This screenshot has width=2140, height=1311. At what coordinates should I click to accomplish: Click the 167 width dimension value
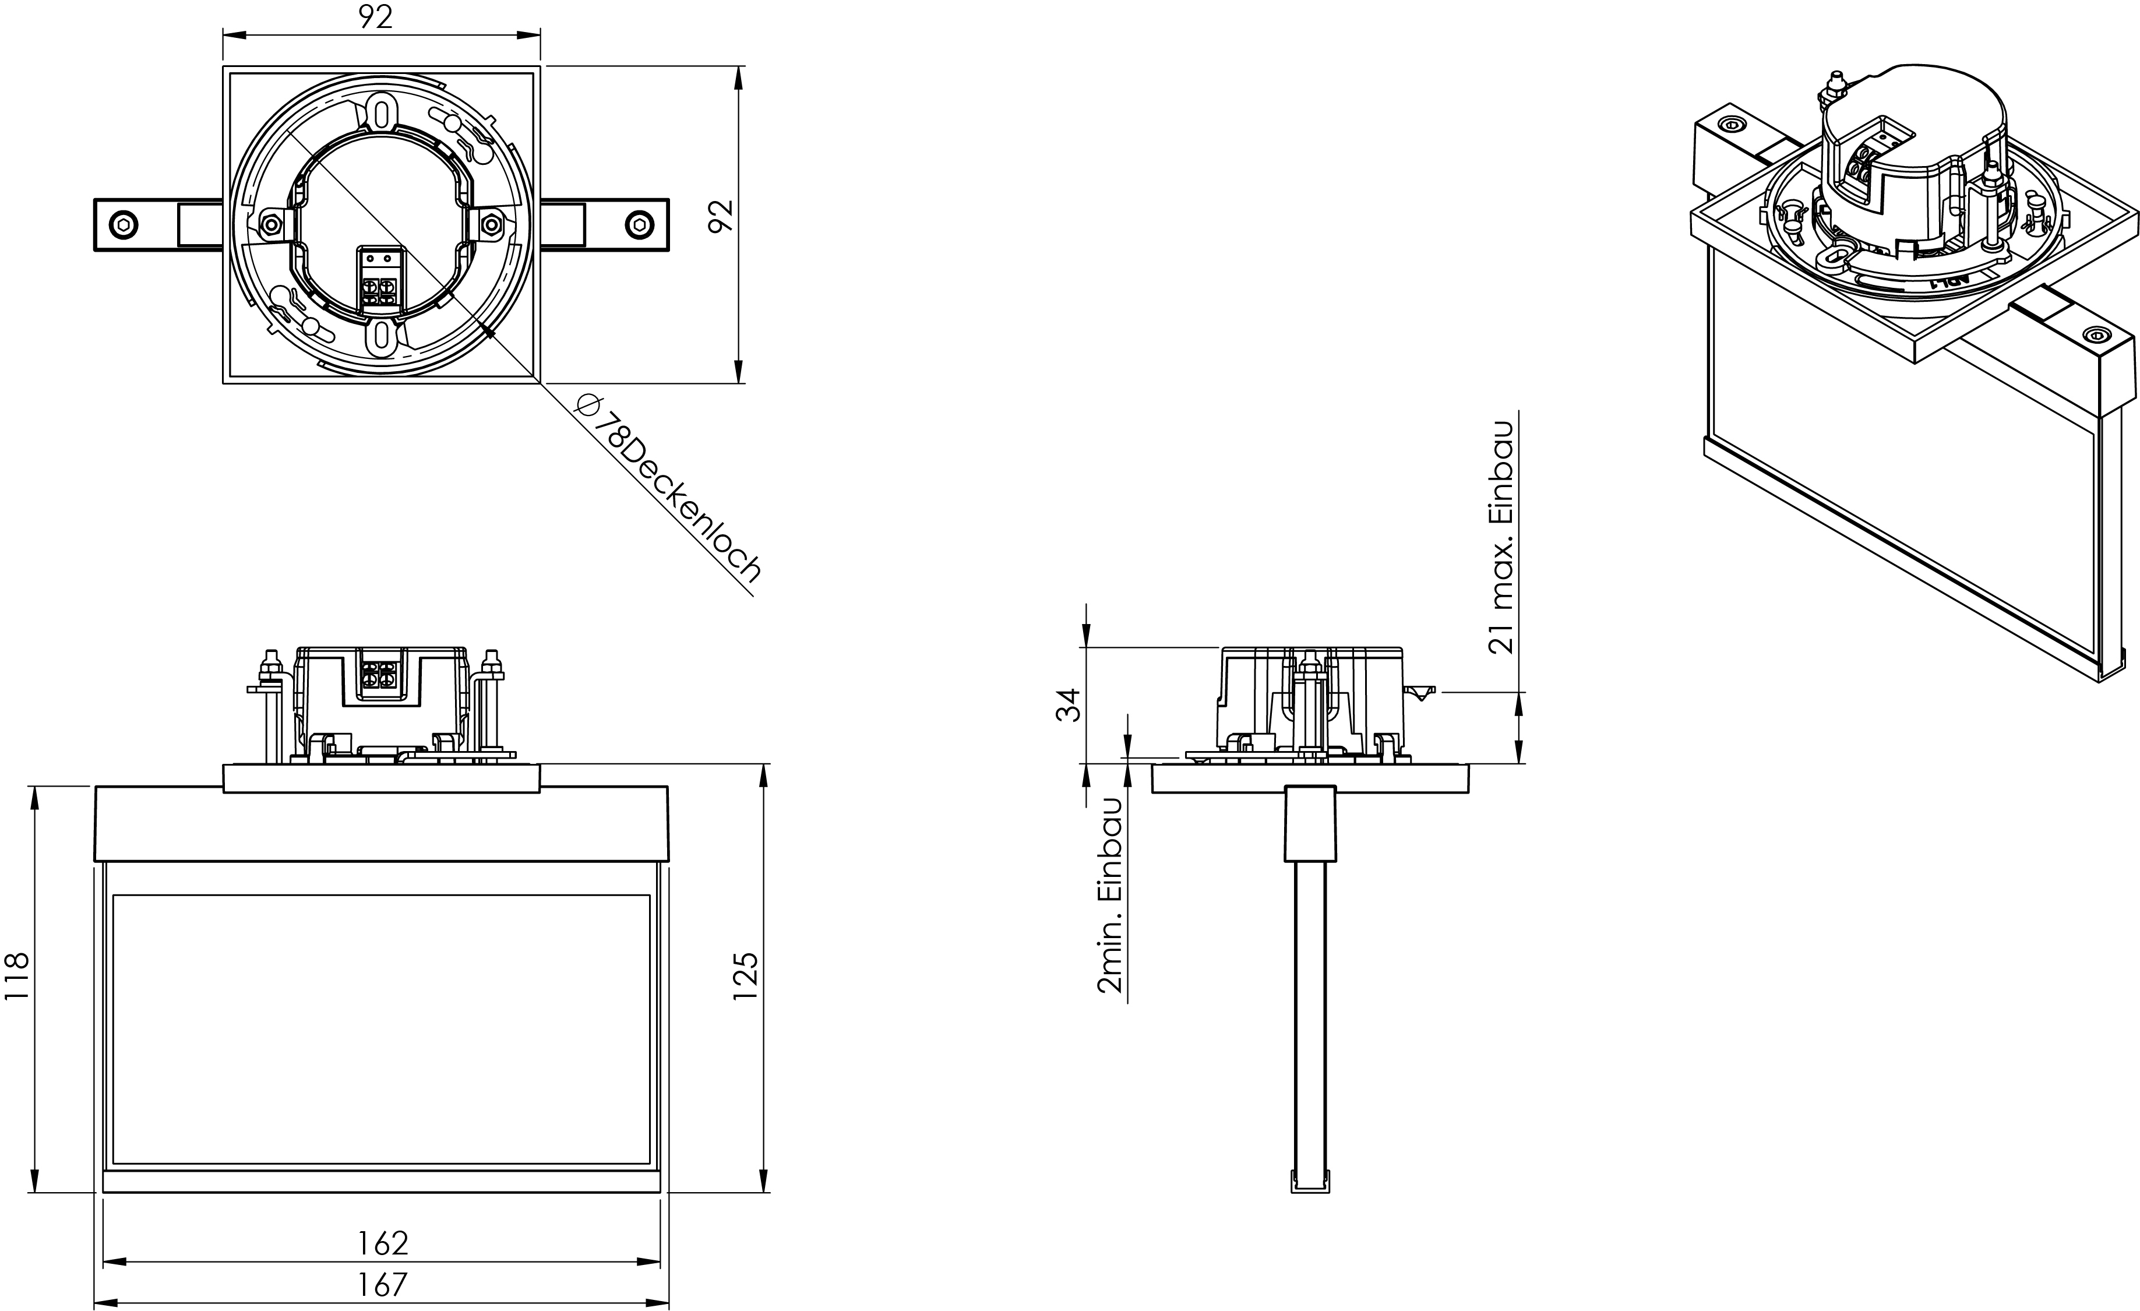click(x=382, y=1284)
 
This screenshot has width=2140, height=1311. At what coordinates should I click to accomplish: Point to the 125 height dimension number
click(x=746, y=977)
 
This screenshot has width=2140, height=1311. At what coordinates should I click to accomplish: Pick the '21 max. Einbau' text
click(x=1501, y=537)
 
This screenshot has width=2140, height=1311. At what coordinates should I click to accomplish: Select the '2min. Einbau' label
click(x=1111, y=895)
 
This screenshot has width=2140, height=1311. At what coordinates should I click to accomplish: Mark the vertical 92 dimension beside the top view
click(x=721, y=216)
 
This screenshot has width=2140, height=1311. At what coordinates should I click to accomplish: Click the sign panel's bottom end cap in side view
click(x=1310, y=1182)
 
